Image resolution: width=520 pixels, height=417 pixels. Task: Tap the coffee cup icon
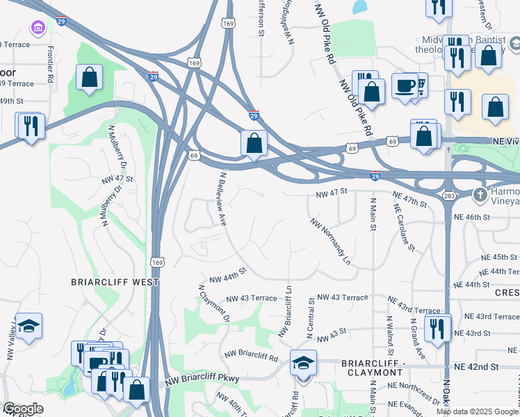coord(405,86)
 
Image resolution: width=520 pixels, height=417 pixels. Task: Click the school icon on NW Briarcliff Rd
coord(303,363)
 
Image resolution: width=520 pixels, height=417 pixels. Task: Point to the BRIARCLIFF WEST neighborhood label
coord(115,283)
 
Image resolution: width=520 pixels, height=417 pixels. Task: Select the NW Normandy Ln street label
coord(330,243)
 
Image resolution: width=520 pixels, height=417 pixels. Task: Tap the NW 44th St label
coord(223,275)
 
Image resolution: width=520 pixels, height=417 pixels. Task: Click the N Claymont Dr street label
coord(214,304)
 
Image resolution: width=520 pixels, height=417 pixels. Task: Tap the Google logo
coord(23,409)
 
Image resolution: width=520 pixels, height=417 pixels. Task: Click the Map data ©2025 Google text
coord(477,411)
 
